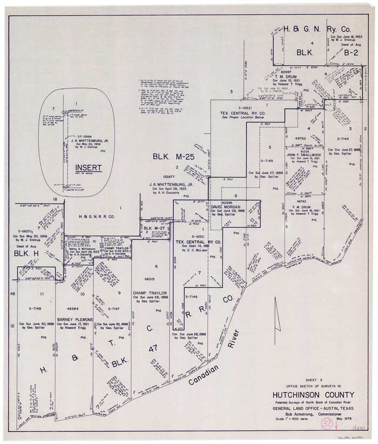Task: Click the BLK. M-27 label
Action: (x=154, y=228)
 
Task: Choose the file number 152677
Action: (x=169, y=176)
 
